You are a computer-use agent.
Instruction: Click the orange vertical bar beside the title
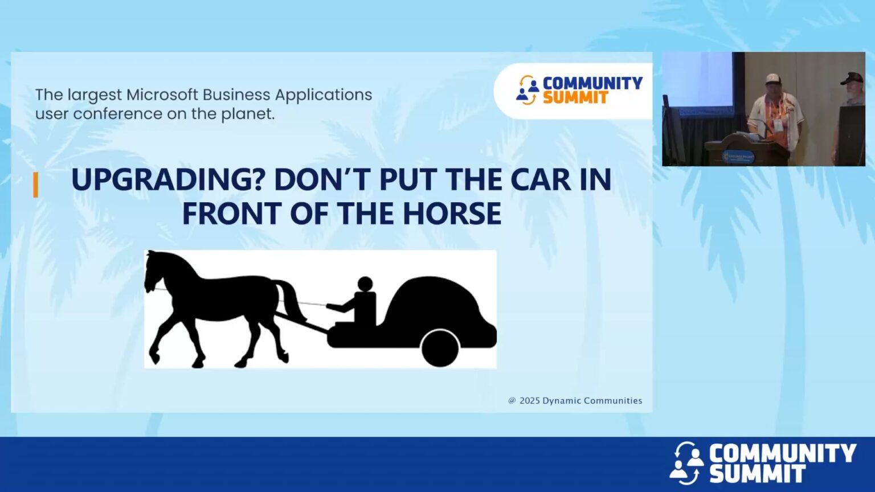[x=36, y=185]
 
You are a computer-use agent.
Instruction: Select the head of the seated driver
[x=365, y=284]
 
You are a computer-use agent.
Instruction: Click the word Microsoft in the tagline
[x=162, y=95]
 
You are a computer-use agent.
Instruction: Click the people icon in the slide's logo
[x=528, y=90]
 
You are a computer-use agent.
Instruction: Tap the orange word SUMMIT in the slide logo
[x=575, y=98]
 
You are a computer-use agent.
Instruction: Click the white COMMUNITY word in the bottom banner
[x=782, y=454]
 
